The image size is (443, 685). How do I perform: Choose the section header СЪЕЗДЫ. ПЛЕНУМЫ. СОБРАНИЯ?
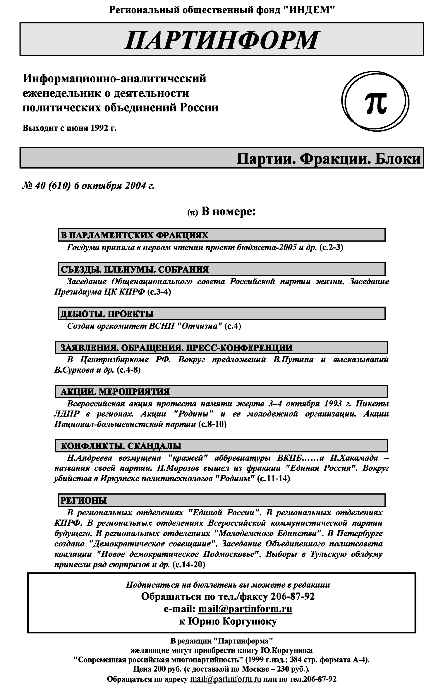click(x=135, y=269)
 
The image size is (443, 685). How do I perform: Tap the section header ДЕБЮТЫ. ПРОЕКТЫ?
click(x=107, y=314)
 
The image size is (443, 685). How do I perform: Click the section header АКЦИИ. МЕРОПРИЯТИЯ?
click(x=115, y=392)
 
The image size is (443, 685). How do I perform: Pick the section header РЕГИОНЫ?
click(x=83, y=501)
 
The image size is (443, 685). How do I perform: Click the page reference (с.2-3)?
click(x=331, y=247)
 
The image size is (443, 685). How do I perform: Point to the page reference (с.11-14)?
click(x=273, y=479)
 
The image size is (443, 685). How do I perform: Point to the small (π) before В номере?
click(x=193, y=213)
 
